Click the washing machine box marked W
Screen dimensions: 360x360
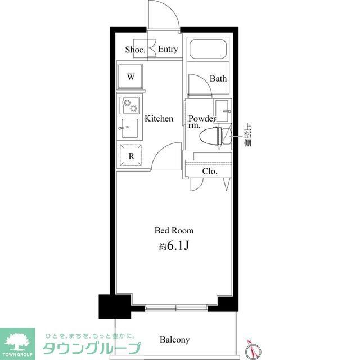click(130, 77)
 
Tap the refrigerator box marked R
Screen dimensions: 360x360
click(130, 156)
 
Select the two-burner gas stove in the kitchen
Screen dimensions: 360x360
click(130, 105)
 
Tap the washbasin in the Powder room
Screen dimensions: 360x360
click(224, 109)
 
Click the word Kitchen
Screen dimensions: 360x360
click(159, 119)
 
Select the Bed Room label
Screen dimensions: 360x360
click(174, 230)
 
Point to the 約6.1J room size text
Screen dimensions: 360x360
click(174, 246)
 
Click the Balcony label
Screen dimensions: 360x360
click(174, 340)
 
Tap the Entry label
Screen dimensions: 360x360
click(168, 49)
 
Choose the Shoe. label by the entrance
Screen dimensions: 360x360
click(135, 49)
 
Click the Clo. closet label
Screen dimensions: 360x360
click(210, 171)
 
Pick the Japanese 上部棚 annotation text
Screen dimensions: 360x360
click(247, 134)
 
